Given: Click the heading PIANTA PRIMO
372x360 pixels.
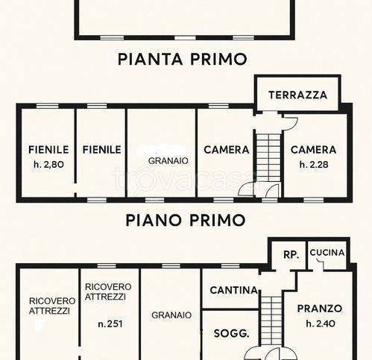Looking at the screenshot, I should coord(182,59).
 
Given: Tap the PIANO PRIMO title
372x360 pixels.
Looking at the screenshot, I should coord(185,220).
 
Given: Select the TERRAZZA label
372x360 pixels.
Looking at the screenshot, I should coord(297,95).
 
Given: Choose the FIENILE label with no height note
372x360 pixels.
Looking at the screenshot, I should coord(101,149).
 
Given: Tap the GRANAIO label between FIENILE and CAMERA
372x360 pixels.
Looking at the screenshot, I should coord(168,160).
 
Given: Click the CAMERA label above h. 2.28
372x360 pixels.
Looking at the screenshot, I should coord(313,149).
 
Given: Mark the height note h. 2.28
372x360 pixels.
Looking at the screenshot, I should coord(313,163).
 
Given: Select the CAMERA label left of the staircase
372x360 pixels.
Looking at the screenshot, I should coord(226,149).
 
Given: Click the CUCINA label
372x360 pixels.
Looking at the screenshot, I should coord(327,253).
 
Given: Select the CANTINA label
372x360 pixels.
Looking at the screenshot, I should coord(233,290).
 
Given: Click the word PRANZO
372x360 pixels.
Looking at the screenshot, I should coord(319,308).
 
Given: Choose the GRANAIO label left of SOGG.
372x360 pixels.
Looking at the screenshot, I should coord(171,315).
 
